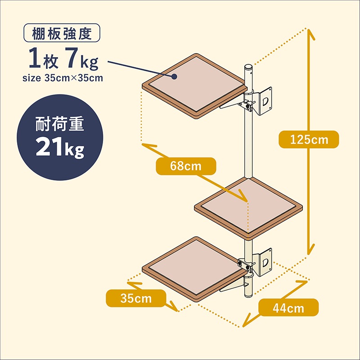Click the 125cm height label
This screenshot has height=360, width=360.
click(309, 139)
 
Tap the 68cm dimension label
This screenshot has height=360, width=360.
click(186, 166)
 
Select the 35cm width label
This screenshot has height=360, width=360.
click(136, 298)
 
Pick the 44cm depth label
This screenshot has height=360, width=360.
click(288, 307)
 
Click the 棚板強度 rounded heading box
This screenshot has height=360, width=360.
click(62, 33)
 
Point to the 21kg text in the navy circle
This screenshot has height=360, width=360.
click(60, 147)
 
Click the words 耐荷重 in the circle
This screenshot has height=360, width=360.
click(60, 124)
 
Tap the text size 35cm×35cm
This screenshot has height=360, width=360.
click(63, 78)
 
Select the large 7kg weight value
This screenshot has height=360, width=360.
click(82, 58)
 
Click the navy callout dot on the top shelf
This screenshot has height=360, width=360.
click(175, 76)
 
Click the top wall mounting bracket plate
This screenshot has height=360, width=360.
click(265, 100)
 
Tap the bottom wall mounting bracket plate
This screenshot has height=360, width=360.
click(265, 262)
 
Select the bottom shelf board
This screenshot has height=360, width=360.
click(195, 269)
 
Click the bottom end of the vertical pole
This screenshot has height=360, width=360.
click(248, 296)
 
